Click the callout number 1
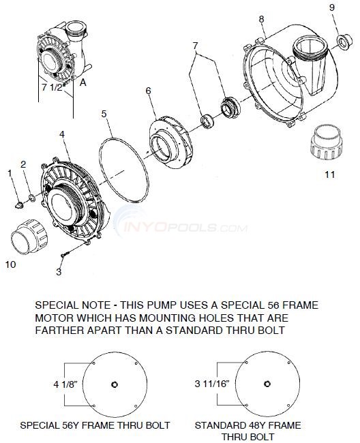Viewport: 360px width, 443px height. [10, 174]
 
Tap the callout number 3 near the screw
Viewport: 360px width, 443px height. [59, 272]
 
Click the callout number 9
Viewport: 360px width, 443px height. [332, 7]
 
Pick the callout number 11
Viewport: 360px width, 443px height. [329, 174]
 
